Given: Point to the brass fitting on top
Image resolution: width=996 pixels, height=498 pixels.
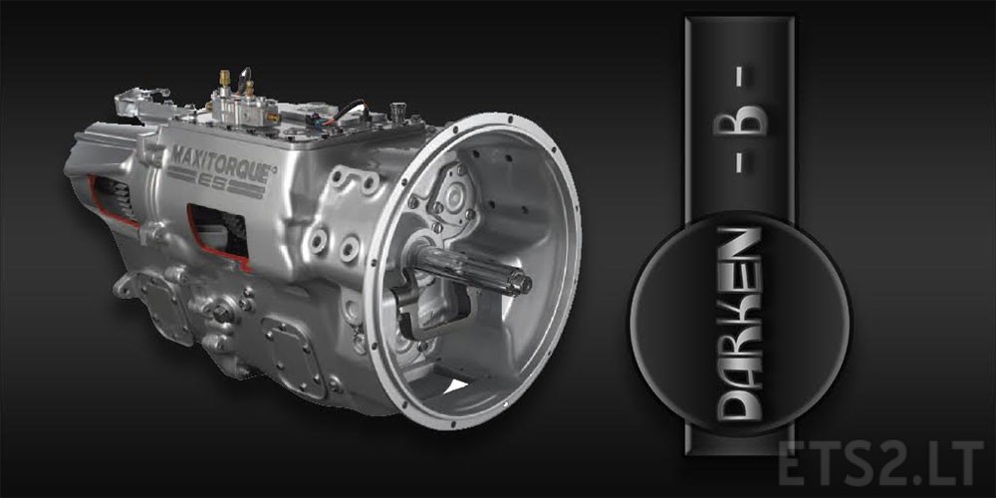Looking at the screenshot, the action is click(x=224, y=78).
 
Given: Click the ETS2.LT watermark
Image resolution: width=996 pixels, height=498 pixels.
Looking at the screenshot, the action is click(x=880, y=463).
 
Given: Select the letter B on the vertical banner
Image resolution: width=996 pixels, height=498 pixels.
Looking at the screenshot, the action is click(x=740, y=121).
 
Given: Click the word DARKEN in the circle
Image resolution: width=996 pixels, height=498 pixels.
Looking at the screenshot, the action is click(x=740, y=324).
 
